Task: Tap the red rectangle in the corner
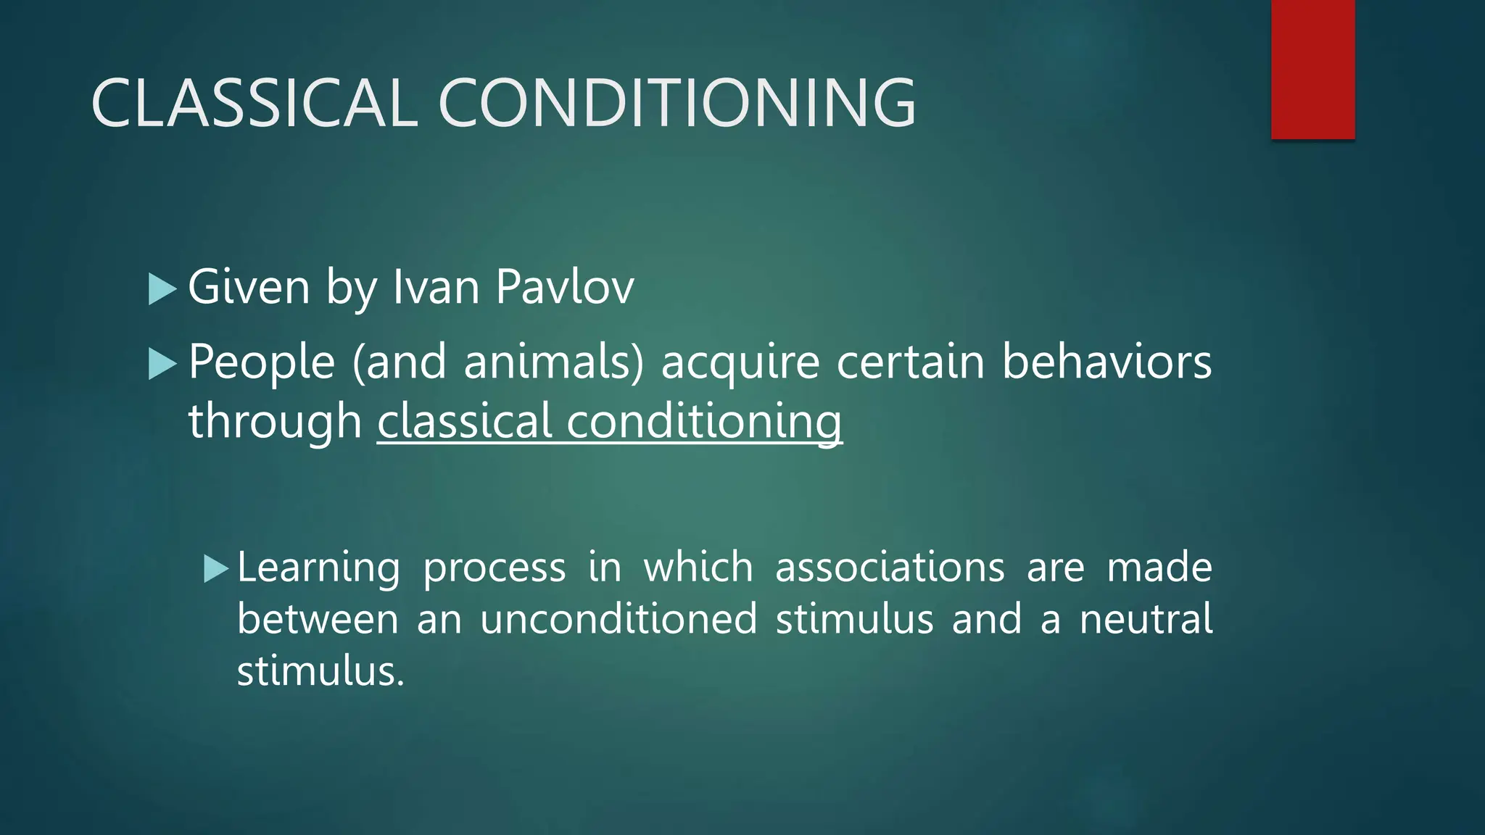(x=1312, y=69)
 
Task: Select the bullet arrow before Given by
(x=162, y=288)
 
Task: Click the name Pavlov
(x=565, y=287)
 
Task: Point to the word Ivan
(x=436, y=287)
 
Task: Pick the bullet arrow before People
(x=162, y=364)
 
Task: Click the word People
(x=262, y=362)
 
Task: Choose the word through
(x=275, y=423)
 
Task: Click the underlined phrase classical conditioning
(x=610, y=422)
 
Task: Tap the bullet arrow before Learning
(x=216, y=569)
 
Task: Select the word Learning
(x=318, y=568)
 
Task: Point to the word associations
(x=890, y=567)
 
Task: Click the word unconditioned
(x=619, y=620)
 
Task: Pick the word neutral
(x=1146, y=620)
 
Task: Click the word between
(x=318, y=620)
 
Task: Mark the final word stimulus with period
(x=320, y=671)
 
